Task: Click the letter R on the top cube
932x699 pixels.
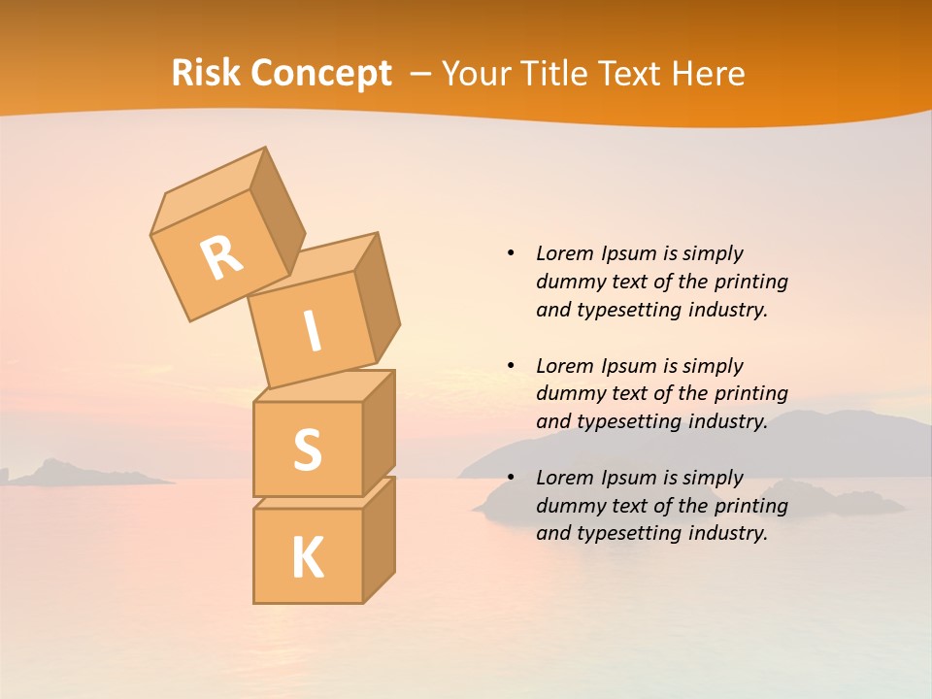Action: (x=221, y=257)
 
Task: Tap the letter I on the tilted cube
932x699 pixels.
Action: (x=312, y=332)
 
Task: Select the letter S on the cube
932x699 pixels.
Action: (x=307, y=449)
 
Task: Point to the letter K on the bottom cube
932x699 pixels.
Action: (x=307, y=558)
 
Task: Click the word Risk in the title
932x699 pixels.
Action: (x=206, y=74)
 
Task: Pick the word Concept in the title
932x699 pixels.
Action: (x=320, y=74)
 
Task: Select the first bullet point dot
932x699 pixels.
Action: (x=511, y=253)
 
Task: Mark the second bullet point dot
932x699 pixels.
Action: (x=511, y=366)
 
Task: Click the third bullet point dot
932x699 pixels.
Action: (x=511, y=478)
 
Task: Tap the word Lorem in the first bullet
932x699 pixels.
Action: (x=564, y=253)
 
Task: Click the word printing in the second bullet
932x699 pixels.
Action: (x=750, y=393)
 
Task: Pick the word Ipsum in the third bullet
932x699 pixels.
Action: (x=627, y=478)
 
